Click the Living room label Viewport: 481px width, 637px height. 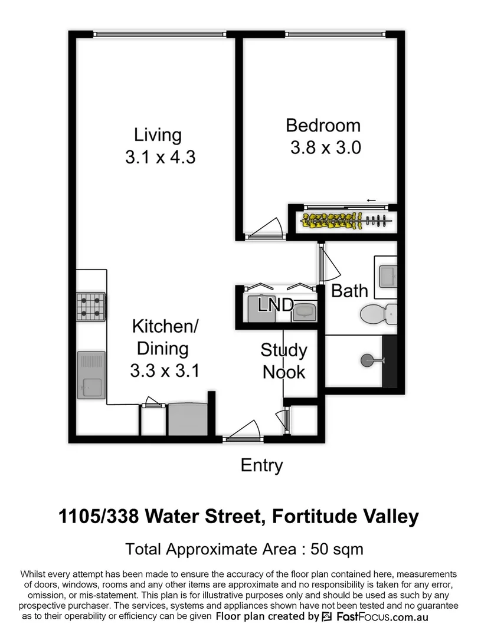[158, 134]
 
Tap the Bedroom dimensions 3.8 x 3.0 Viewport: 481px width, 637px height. [325, 147]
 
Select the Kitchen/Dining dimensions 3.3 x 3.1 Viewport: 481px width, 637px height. [165, 371]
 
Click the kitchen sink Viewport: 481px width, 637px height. [91, 376]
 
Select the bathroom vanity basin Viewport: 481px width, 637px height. [388, 275]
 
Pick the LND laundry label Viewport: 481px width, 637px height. [276, 305]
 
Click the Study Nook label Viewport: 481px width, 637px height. [284, 361]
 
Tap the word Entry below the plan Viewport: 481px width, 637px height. [261, 466]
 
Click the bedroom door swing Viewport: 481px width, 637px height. [269, 229]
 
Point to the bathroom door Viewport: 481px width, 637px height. [326, 265]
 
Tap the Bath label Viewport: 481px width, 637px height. [349, 290]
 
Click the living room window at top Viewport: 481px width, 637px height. [159, 34]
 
